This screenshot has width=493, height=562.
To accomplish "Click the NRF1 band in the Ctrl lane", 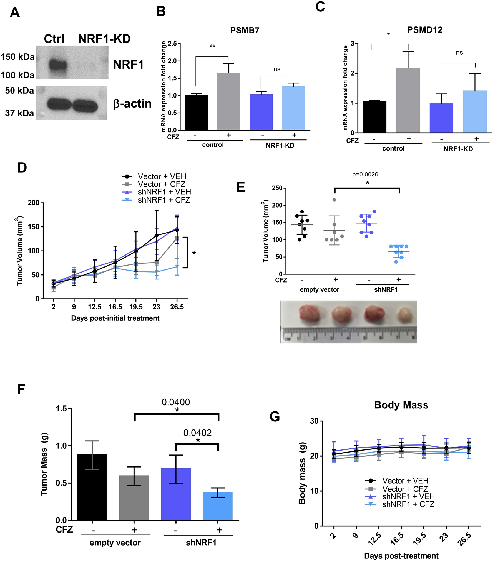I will click(x=58, y=66).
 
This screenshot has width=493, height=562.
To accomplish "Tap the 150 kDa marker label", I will click(x=17, y=57).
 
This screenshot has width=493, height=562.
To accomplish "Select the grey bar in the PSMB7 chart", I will click(x=228, y=101).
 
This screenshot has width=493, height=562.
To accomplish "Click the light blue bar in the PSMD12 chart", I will click(x=475, y=111).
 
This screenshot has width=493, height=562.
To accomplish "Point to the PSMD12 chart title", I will click(x=424, y=30).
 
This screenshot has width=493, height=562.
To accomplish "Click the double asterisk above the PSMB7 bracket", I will click(x=212, y=46).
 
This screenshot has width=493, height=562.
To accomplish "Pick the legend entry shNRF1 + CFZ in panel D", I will click(x=164, y=200).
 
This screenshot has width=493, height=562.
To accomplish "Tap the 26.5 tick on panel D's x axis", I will click(x=177, y=307).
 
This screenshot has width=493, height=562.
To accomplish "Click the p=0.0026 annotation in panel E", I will click(x=365, y=174).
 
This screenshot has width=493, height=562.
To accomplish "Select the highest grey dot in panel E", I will click(x=334, y=200).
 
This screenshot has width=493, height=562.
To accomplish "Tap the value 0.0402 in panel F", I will click(x=197, y=433).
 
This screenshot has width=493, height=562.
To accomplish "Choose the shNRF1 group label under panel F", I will click(x=201, y=543).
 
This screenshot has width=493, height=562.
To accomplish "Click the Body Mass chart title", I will click(x=401, y=405).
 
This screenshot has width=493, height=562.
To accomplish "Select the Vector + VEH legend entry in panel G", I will click(x=405, y=481).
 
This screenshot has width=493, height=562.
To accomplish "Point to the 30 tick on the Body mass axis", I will click(x=314, y=421).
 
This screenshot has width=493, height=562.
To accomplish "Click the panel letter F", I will click(x=21, y=389).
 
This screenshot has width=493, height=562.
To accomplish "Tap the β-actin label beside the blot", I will click(x=132, y=104).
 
